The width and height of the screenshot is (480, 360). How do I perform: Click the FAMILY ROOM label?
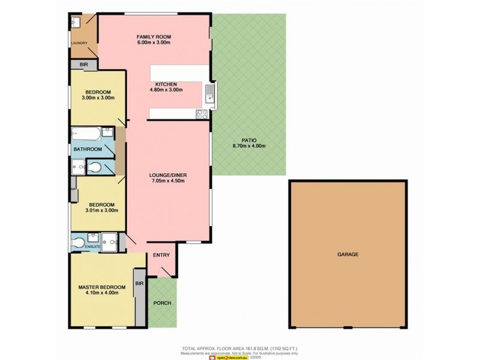tap(154, 37)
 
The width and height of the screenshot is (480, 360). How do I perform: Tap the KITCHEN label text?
tap(166, 83)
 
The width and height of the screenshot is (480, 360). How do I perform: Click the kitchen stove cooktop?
tap(202, 114)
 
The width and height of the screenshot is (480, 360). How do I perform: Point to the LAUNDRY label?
tap(79, 43)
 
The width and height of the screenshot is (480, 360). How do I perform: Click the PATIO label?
tap(248, 139)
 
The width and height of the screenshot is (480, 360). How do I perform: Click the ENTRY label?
tap(161, 256)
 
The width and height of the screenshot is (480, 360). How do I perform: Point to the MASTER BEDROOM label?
tap(102, 287)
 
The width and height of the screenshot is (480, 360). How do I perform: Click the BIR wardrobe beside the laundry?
tap(84, 64)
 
